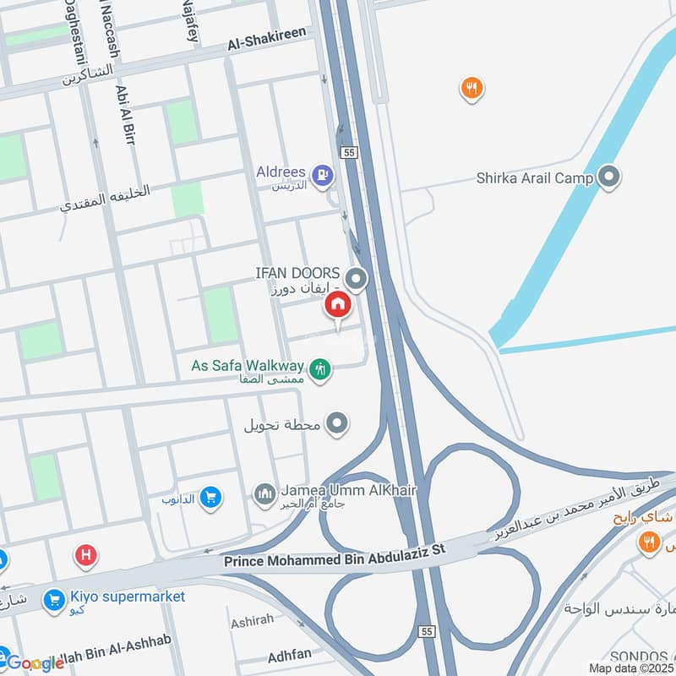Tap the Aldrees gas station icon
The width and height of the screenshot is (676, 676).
coord(322,175)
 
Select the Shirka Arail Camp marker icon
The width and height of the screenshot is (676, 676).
coord(608,177)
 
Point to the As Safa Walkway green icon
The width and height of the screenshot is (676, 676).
coord(320,368)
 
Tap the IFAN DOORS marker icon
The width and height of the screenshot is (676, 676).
coord(357,277)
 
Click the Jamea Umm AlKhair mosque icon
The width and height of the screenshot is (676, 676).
coord(264,493)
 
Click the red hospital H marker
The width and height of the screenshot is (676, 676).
coord(85,555)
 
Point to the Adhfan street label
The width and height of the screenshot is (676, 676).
coord(289,654)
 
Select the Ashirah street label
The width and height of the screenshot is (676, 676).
coord(252,620)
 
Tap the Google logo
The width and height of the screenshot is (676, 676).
coord(35,663)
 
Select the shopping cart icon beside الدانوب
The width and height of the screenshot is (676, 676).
coord(211,499)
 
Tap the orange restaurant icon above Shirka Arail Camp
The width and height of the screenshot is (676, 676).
coord(472,87)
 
